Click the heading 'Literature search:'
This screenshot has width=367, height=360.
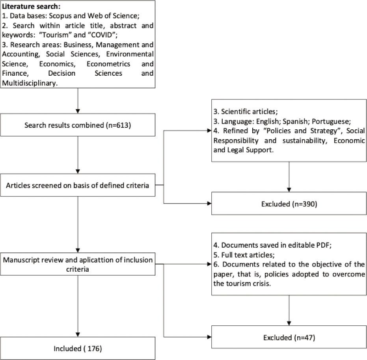(x=26, y=7)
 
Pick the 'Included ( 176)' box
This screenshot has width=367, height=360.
(x=78, y=348)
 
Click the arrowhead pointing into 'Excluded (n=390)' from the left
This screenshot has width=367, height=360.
(x=209, y=203)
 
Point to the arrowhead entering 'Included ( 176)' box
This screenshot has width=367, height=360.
(x=78, y=334)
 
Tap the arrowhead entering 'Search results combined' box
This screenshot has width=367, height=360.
(x=78, y=111)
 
